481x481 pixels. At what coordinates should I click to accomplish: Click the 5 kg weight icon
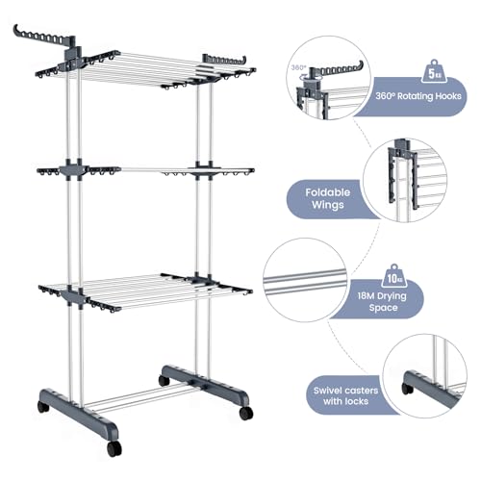click(x=434, y=72)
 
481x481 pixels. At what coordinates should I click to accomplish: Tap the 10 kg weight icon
click(x=394, y=276)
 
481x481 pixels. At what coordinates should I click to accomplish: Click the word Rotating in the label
click(x=415, y=96)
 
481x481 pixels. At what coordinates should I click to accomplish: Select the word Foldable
click(x=327, y=192)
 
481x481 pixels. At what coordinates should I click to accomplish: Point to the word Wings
click(x=327, y=205)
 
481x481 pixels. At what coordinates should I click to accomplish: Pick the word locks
click(x=357, y=401)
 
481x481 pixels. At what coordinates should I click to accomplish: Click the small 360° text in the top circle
click(x=298, y=67)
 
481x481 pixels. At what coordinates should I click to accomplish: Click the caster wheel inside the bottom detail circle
click(x=408, y=389)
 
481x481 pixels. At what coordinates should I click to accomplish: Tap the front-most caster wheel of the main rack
click(x=114, y=448)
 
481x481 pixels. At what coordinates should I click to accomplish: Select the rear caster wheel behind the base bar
click(x=164, y=381)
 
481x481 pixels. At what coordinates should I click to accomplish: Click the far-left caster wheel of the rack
click(x=43, y=407)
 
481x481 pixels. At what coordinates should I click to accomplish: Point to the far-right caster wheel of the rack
click(x=246, y=413)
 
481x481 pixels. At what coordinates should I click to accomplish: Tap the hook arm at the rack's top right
click(x=224, y=60)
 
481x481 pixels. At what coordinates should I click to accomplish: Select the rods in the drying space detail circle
click(x=305, y=281)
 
